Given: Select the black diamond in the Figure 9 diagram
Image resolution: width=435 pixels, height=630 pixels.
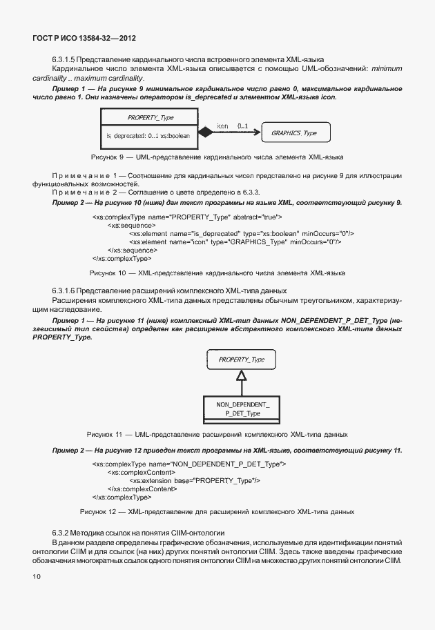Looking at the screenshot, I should (x=204, y=132).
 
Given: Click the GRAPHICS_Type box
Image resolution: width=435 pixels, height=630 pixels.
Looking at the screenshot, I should (x=293, y=132).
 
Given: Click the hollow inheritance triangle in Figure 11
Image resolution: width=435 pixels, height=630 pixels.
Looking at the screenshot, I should (x=240, y=376).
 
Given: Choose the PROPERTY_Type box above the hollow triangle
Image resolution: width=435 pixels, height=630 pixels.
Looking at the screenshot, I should (x=241, y=360).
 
